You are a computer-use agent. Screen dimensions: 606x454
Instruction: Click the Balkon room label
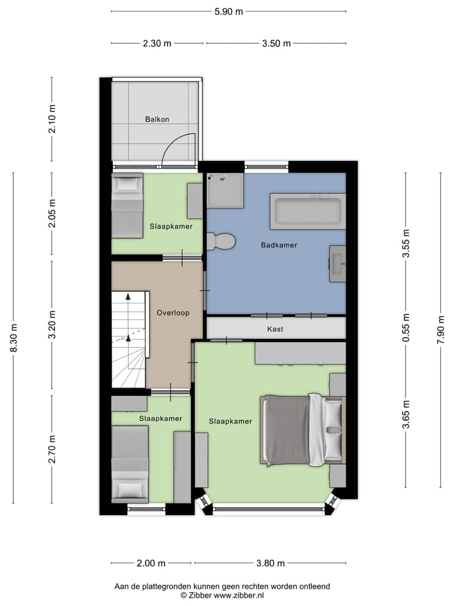(157, 119)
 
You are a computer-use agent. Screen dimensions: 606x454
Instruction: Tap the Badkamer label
(279, 245)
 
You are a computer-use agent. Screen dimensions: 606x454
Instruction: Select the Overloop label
(173, 312)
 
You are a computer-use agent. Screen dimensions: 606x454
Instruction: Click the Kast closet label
(276, 329)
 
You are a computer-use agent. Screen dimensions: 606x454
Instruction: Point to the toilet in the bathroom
(221, 241)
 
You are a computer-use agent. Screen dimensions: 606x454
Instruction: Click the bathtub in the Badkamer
(308, 211)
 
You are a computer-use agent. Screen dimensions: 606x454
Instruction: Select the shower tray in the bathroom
(225, 190)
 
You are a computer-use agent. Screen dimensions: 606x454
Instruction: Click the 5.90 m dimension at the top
(228, 11)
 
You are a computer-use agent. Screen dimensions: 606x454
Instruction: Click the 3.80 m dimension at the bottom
(270, 563)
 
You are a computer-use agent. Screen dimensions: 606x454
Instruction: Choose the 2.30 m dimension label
(157, 44)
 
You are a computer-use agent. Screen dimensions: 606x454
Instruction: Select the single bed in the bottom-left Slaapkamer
(130, 464)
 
